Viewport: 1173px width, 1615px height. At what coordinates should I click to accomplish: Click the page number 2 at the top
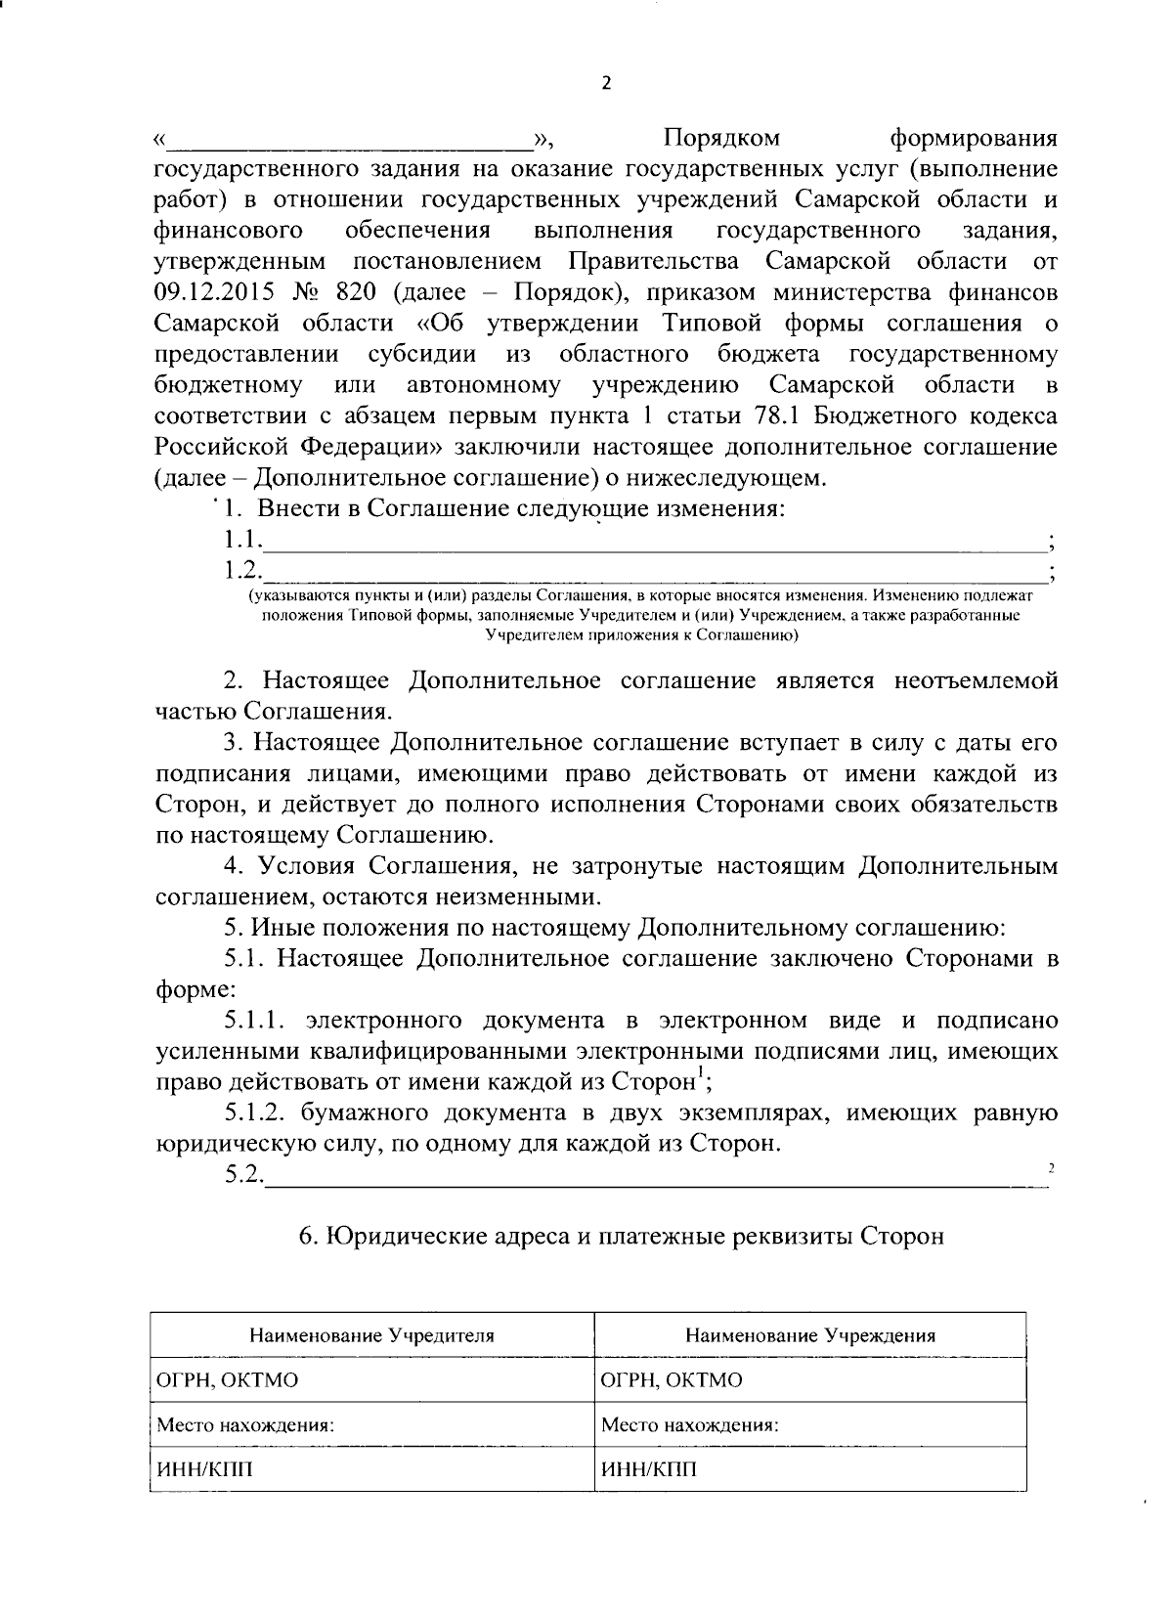(x=605, y=84)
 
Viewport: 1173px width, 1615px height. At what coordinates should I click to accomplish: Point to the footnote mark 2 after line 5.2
(x=1051, y=1167)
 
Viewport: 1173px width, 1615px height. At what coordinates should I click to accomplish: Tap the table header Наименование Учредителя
(x=371, y=1335)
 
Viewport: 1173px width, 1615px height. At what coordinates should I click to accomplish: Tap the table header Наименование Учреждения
(x=810, y=1335)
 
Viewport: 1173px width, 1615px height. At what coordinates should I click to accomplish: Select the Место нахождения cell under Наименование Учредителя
(x=245, y=1425)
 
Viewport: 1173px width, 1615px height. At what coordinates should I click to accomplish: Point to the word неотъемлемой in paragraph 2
(x=976, y=680)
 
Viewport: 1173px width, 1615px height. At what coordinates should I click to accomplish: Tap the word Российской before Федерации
(x=219, y=447)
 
